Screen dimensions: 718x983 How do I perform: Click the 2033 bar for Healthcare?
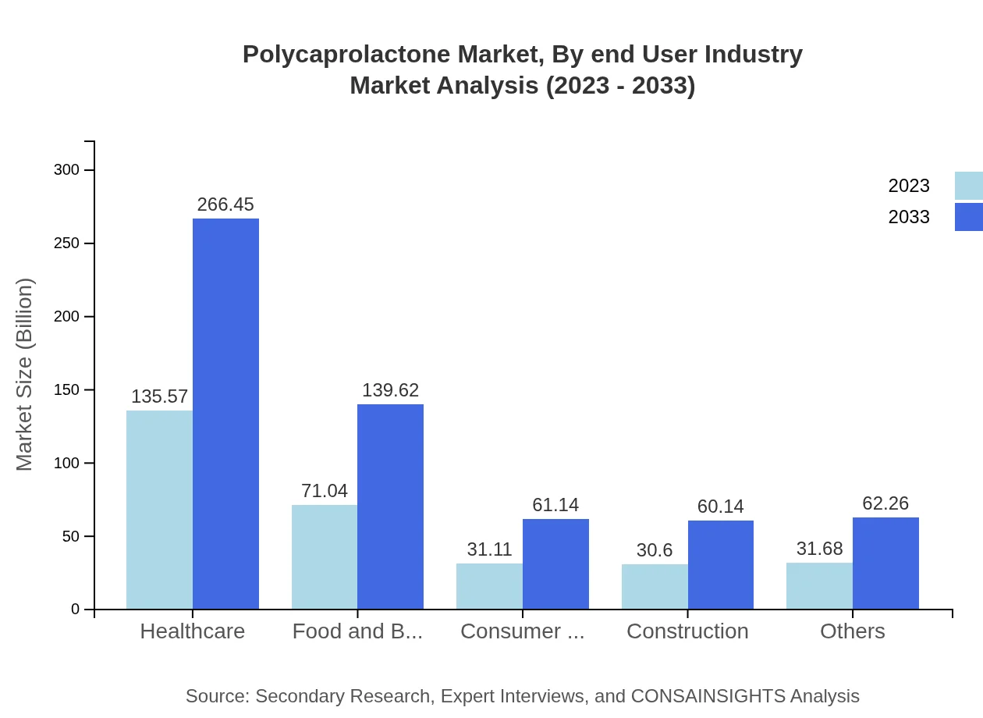coord(225,414)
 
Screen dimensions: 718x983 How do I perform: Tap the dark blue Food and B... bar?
coord(390,507)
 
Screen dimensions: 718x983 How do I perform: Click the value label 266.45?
coord(225,204)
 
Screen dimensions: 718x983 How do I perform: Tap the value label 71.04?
coord(325,491)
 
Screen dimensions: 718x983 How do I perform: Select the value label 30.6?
coord(655,550)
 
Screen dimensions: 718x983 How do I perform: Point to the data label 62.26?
coord(885,503)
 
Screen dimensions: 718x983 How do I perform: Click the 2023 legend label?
coord(909,186)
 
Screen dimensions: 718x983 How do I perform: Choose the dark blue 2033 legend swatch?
coord(968,217)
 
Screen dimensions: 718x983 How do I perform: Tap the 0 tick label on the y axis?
coord(76,610)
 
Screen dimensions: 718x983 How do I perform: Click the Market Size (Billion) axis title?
coord(25,375)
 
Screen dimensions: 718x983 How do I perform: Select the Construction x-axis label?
coord(687,631)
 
